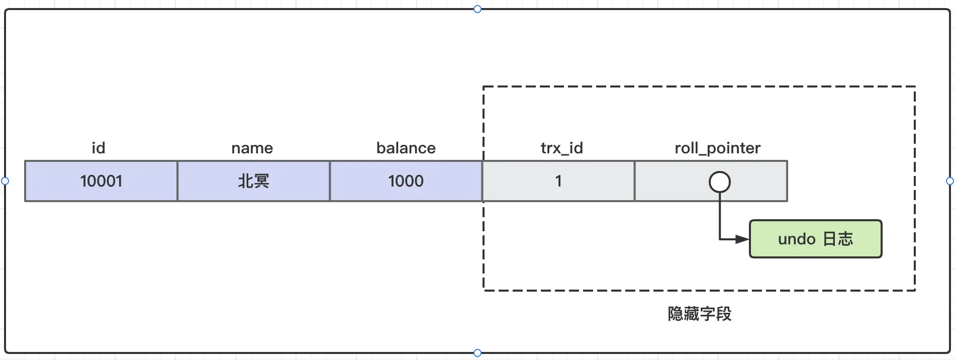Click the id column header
(x=99, y=148)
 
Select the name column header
(x=252, y=148)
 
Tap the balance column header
(x=406, y=148)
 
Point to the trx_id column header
(x=562, y=148)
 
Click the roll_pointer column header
(x=718, y=148)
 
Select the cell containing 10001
(x=101, y=181)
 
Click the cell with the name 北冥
(x=254, y=181)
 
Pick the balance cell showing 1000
(x=406, y=181)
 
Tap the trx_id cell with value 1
(x=558, y=181)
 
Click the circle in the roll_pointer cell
(x=720, y=172)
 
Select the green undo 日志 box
(x=815, y=239)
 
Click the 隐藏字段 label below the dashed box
(x=700, y=314)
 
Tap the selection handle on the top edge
(x=477, y=9)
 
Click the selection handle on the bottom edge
(x=477, y=353)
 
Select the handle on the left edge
(x=5, y=181)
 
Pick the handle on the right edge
(x=950, y=181)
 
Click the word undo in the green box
(x=797, y=239)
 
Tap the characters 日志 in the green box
(x=838, y=239)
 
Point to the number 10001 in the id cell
(x=101, y=181)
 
